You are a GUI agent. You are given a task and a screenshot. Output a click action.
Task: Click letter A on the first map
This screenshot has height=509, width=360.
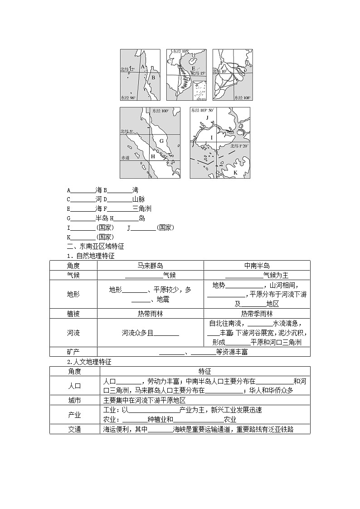pos(143,67)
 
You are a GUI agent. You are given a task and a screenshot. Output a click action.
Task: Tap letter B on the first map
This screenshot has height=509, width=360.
pos(153,78)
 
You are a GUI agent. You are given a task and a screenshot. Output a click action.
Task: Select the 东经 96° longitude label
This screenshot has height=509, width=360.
pos(128,97)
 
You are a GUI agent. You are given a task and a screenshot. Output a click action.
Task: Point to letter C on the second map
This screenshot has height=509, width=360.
pos(169,61)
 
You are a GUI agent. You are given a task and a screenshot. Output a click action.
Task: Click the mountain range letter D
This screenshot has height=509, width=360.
pos(188,78)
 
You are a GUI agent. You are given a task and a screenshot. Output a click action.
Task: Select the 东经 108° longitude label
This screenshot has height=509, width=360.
pos(243,97)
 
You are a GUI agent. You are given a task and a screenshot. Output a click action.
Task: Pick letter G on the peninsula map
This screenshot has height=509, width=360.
pos(161,141)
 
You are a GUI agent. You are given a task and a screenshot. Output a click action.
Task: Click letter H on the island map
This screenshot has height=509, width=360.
pos(153,156)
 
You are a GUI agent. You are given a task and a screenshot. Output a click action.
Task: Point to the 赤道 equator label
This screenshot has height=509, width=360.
pos(126,158)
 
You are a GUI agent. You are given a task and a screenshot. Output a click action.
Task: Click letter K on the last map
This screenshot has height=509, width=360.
pos(235,172)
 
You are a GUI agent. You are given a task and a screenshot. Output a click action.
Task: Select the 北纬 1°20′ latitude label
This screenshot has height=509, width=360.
pos(240,146)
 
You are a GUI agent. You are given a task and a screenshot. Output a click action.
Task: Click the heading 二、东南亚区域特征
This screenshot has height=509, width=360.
pos(95,247)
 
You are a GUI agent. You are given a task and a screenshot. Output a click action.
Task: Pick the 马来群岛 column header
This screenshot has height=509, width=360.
pos(150,266)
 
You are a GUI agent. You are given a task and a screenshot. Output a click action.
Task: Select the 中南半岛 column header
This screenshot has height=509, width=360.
pos(257,266)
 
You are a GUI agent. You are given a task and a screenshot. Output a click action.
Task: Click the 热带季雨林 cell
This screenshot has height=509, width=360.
pos(257,314)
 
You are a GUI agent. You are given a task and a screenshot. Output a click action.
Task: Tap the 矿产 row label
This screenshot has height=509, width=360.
pos(73,352)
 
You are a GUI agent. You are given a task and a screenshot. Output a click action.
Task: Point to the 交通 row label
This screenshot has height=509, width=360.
pos(74,429)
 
